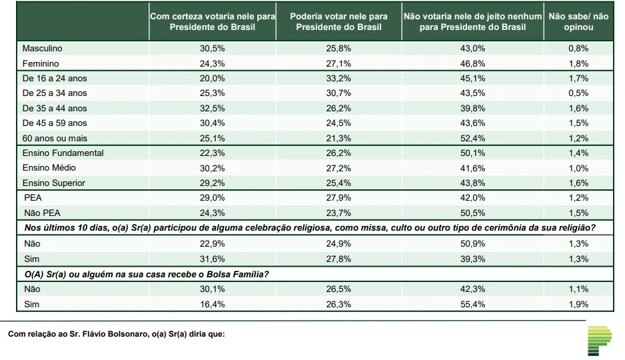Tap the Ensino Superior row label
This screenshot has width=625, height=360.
(53, 183)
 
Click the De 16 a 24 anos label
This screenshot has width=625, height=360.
(55, 79)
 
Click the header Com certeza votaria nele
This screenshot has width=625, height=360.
(213, 21)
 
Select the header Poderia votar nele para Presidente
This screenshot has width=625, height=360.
(339, 21)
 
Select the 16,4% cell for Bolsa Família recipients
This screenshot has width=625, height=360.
(213, 304)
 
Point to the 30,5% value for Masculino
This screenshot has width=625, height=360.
(213, 49)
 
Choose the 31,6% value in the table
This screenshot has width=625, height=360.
(213, 259)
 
